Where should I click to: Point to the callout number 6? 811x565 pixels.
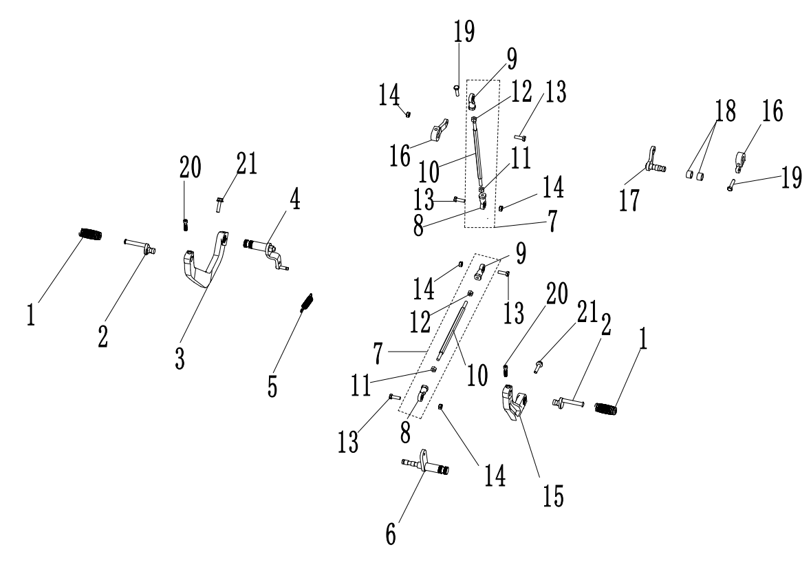[391, 533]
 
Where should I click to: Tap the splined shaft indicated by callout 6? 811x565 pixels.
[425, 467]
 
